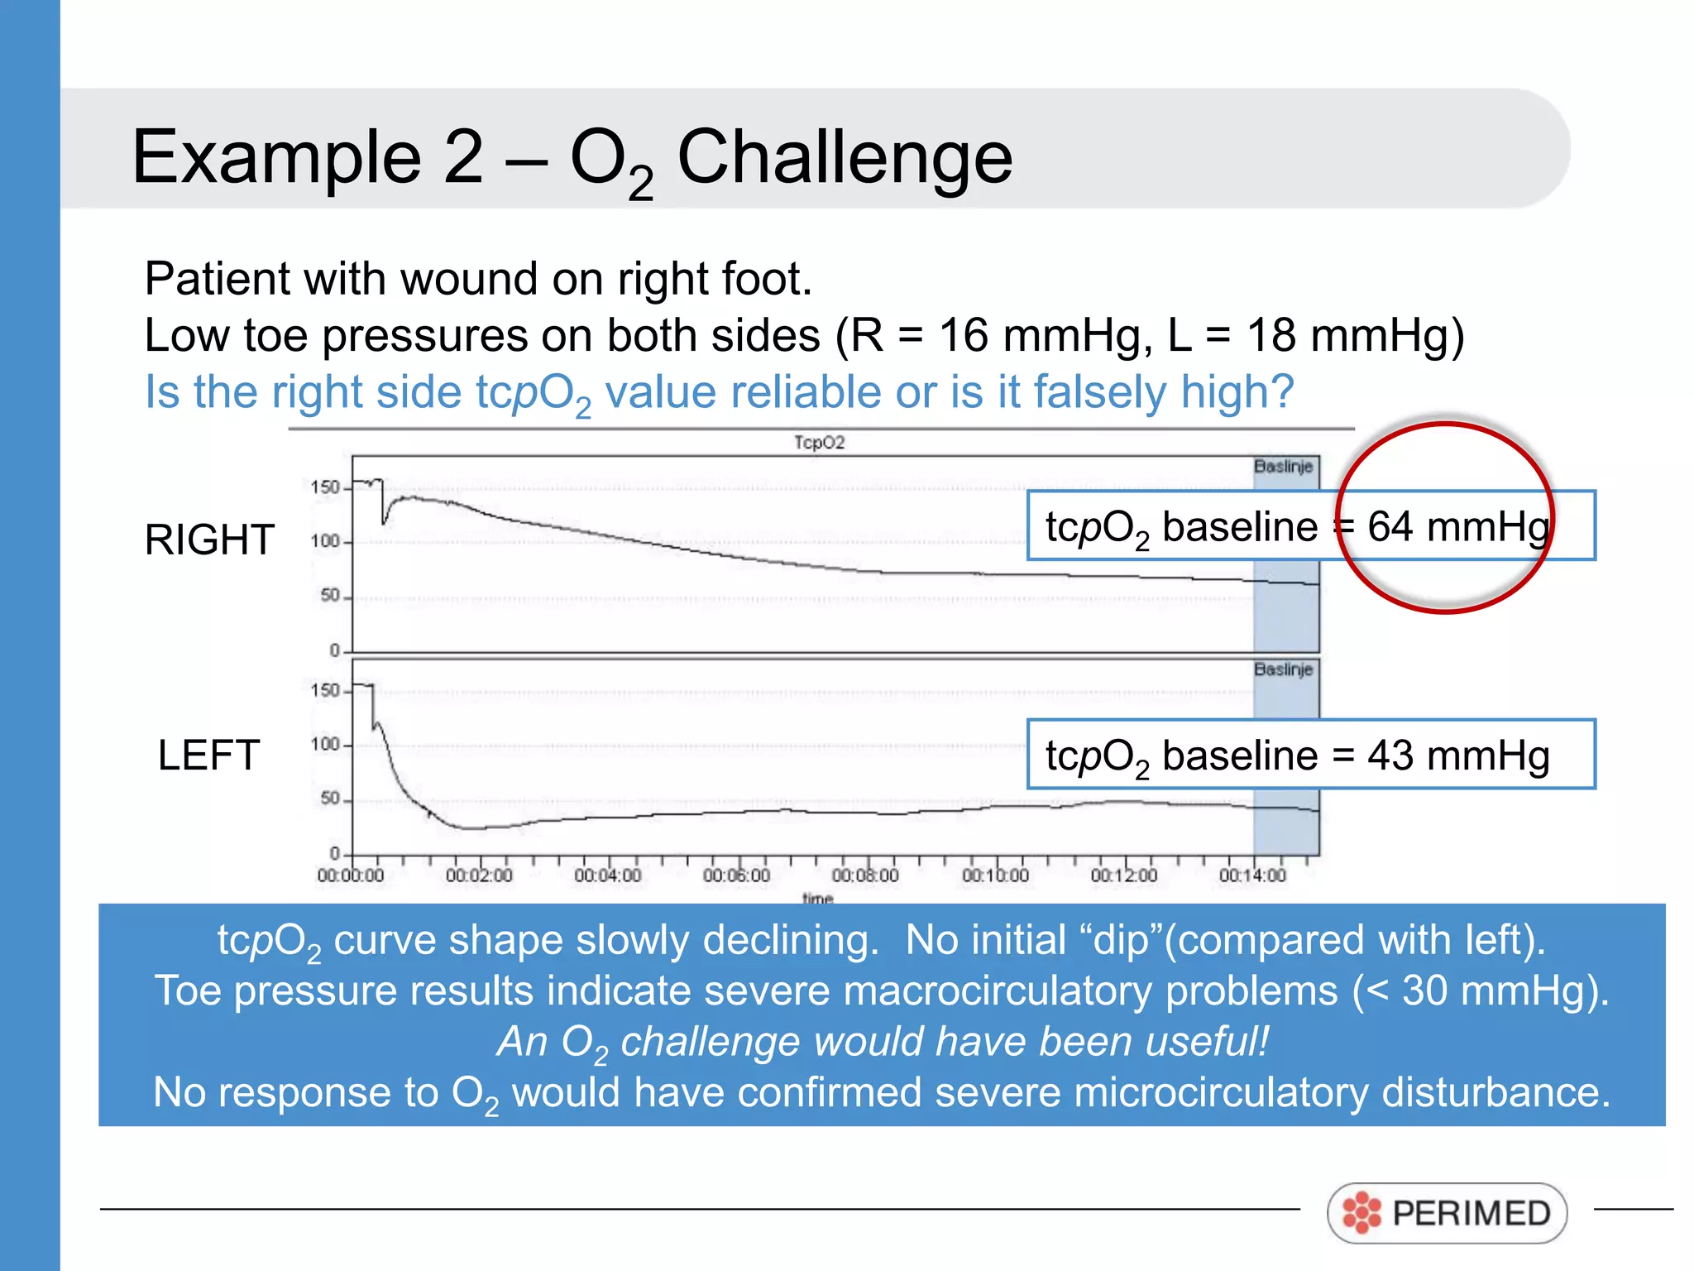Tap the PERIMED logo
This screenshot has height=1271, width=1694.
pos(1447,1213)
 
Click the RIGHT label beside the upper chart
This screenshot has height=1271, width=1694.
pos(209,540)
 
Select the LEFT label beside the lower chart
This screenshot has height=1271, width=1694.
pos(208,755)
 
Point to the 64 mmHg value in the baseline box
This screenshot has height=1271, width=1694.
pos(1458,526)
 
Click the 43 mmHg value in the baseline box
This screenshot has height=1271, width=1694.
pos(1458,755)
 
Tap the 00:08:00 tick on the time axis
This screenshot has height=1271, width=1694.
pos(865,875)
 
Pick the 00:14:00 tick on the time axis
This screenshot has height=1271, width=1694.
pos(1252,875)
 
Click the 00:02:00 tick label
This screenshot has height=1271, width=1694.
pos(479,875)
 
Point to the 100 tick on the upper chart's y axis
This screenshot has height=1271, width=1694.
pos(326,541)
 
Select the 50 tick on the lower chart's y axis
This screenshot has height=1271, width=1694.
pos(330,799)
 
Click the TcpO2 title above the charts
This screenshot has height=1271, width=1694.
pos(819,443)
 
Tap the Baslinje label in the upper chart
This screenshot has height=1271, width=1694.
pos(1283,467)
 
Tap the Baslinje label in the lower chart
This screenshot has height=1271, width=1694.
pos(1283,669)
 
